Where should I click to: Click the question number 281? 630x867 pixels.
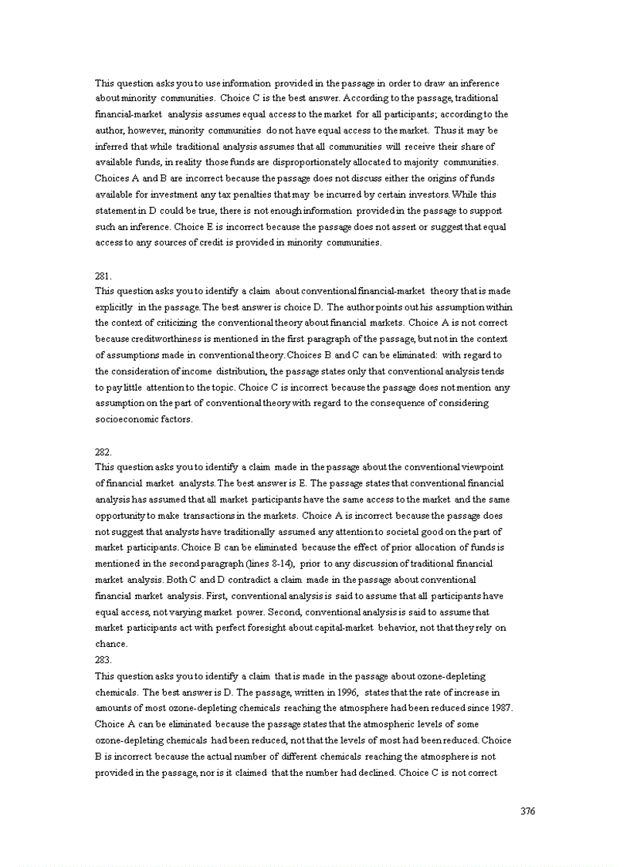click(x=103, y=275)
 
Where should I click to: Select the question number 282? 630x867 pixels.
click(x=103, y=452)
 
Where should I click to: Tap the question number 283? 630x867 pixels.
click(x=103, y=659)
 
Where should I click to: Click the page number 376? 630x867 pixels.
click(x=527, y=811)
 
